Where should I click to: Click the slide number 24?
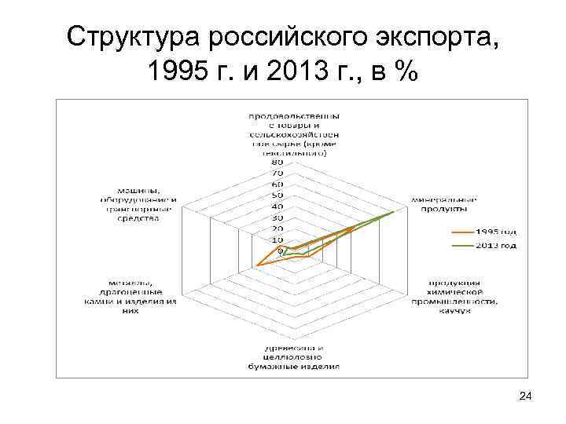tap(526, 400)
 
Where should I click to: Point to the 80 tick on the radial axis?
tap(277, 163)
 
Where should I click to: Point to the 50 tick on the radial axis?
tap(277, 196)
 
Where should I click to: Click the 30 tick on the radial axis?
tap(277, 217)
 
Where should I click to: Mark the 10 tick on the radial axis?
tap(277, 239)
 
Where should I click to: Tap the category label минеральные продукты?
tap(440, 204)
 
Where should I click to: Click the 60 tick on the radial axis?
tap(277, 185)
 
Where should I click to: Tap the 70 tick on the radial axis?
tap(277, 174)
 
